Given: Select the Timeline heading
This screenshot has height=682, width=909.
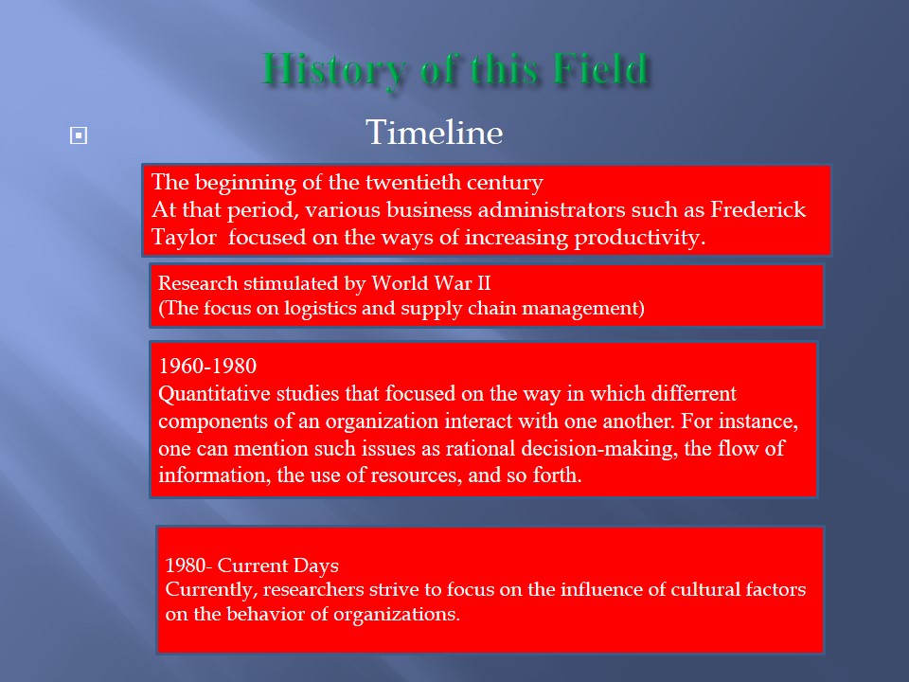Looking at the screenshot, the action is (x=435, y=133).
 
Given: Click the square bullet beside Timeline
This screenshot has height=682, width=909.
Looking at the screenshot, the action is (x=79, y=135).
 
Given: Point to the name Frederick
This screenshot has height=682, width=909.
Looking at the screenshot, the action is (x=758, y=209).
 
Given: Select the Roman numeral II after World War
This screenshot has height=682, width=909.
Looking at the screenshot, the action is (x=483, y=283).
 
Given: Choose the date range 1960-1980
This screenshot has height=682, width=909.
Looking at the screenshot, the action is (x=207, y=366).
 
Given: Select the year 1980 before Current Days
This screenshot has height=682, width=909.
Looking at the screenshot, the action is (x=186, y=565).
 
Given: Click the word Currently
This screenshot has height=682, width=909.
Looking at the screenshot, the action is (x=211, y=590).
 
